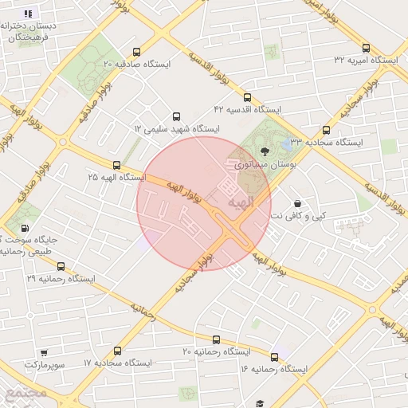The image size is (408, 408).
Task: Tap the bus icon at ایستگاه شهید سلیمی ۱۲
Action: (x=176, y=116)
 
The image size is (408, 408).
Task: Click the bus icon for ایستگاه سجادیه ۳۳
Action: (x=325, y=130)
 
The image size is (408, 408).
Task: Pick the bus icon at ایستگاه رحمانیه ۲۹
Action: (x=61, y=267)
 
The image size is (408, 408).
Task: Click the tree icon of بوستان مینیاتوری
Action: (x=265, y=150)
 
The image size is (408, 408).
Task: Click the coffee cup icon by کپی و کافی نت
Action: (x=297, y=203)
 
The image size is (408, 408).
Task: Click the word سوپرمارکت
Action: (x=42, y=364)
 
